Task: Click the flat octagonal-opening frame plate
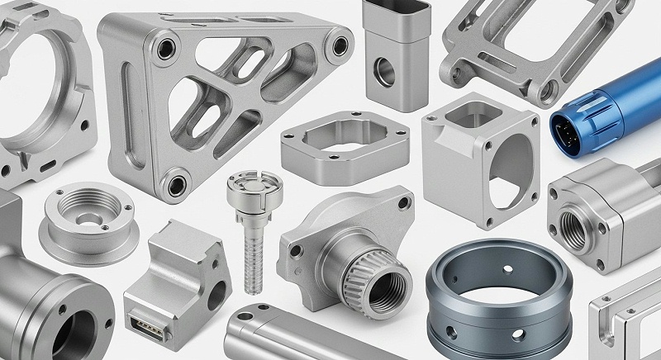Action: point(344,149)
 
